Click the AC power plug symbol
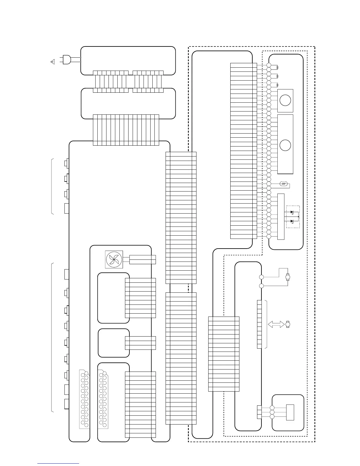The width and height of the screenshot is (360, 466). click(x=66, y=60)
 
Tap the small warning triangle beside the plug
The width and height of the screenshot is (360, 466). click(x=53, y=62)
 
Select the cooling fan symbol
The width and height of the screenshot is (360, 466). click(x=114, y=259)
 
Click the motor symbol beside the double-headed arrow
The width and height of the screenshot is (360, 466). click(x=288, y=324)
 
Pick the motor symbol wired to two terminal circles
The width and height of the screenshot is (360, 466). click(x=288, y=277)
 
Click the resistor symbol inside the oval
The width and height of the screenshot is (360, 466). click(x=284, y=184)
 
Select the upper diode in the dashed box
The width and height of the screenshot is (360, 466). click(x=292, y=212)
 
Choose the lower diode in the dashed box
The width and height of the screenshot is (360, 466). click(x=292, y=221)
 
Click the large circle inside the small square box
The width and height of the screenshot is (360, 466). click(x=285, y=100)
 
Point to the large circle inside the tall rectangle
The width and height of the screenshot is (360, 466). click(x=285, y=145)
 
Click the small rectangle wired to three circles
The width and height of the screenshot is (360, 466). click(x=290, y=412)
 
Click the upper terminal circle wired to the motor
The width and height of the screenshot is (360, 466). click(x=261, y=277)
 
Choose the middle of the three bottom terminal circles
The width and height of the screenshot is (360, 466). click(x=272, y=412)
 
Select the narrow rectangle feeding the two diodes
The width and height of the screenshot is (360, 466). click(x=281, y=217)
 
